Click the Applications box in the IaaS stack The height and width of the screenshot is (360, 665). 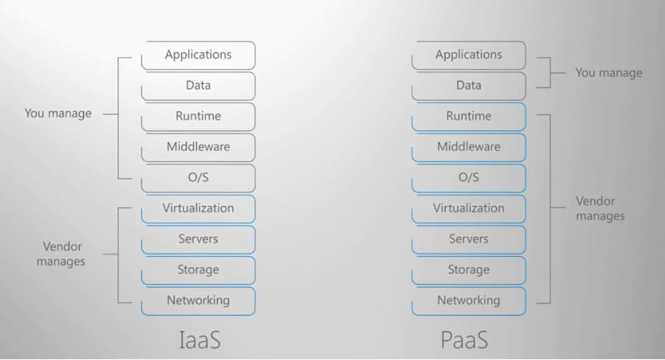(198, 55)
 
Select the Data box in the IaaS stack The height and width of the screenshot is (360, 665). (198, 86)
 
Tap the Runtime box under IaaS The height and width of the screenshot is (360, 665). (198, 116)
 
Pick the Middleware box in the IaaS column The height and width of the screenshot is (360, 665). (198, 147)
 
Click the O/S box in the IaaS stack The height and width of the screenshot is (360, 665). (198, 178)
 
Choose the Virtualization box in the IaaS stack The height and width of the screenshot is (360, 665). (198, 209)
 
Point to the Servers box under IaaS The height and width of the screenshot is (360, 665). (198, 239)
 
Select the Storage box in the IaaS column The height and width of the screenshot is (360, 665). (198, 270)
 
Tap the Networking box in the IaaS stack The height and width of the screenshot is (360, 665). (198, 300)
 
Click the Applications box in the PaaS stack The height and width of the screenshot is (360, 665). (469, 55)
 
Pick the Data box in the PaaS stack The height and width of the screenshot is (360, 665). (469, 86)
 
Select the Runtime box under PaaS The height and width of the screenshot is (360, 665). (469, 116)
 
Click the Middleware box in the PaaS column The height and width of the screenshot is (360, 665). (469, 147)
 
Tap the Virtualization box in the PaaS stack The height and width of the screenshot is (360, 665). (469, 209)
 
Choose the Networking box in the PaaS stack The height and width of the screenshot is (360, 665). (469, 300)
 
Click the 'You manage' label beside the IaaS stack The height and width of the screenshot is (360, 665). (58, 114)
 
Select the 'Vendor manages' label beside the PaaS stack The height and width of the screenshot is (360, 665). (599, 209)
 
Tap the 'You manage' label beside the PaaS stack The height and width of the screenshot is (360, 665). (608, 73)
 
